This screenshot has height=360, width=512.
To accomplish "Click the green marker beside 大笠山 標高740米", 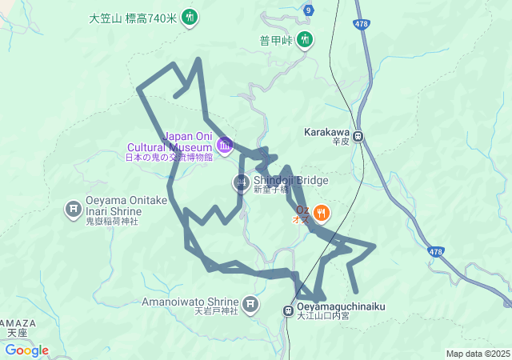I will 190,16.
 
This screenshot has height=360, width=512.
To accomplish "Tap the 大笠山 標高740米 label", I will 133,17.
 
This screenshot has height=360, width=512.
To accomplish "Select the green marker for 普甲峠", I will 305,38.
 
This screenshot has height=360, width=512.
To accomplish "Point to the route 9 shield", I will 309,10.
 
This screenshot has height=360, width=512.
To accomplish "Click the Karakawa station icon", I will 360,137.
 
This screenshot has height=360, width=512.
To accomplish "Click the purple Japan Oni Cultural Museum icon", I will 225,145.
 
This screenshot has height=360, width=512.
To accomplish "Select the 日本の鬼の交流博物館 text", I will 169,157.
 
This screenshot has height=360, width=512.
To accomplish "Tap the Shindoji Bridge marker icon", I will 241,183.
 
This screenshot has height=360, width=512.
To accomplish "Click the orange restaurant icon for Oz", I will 321,212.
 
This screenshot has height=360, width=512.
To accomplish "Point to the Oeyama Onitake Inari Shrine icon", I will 73,210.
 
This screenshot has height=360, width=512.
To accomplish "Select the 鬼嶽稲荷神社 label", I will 112,221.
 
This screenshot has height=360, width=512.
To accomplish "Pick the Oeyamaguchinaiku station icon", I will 288,310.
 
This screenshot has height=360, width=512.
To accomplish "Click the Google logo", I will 26,350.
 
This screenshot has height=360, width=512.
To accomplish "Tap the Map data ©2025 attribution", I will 477,354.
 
